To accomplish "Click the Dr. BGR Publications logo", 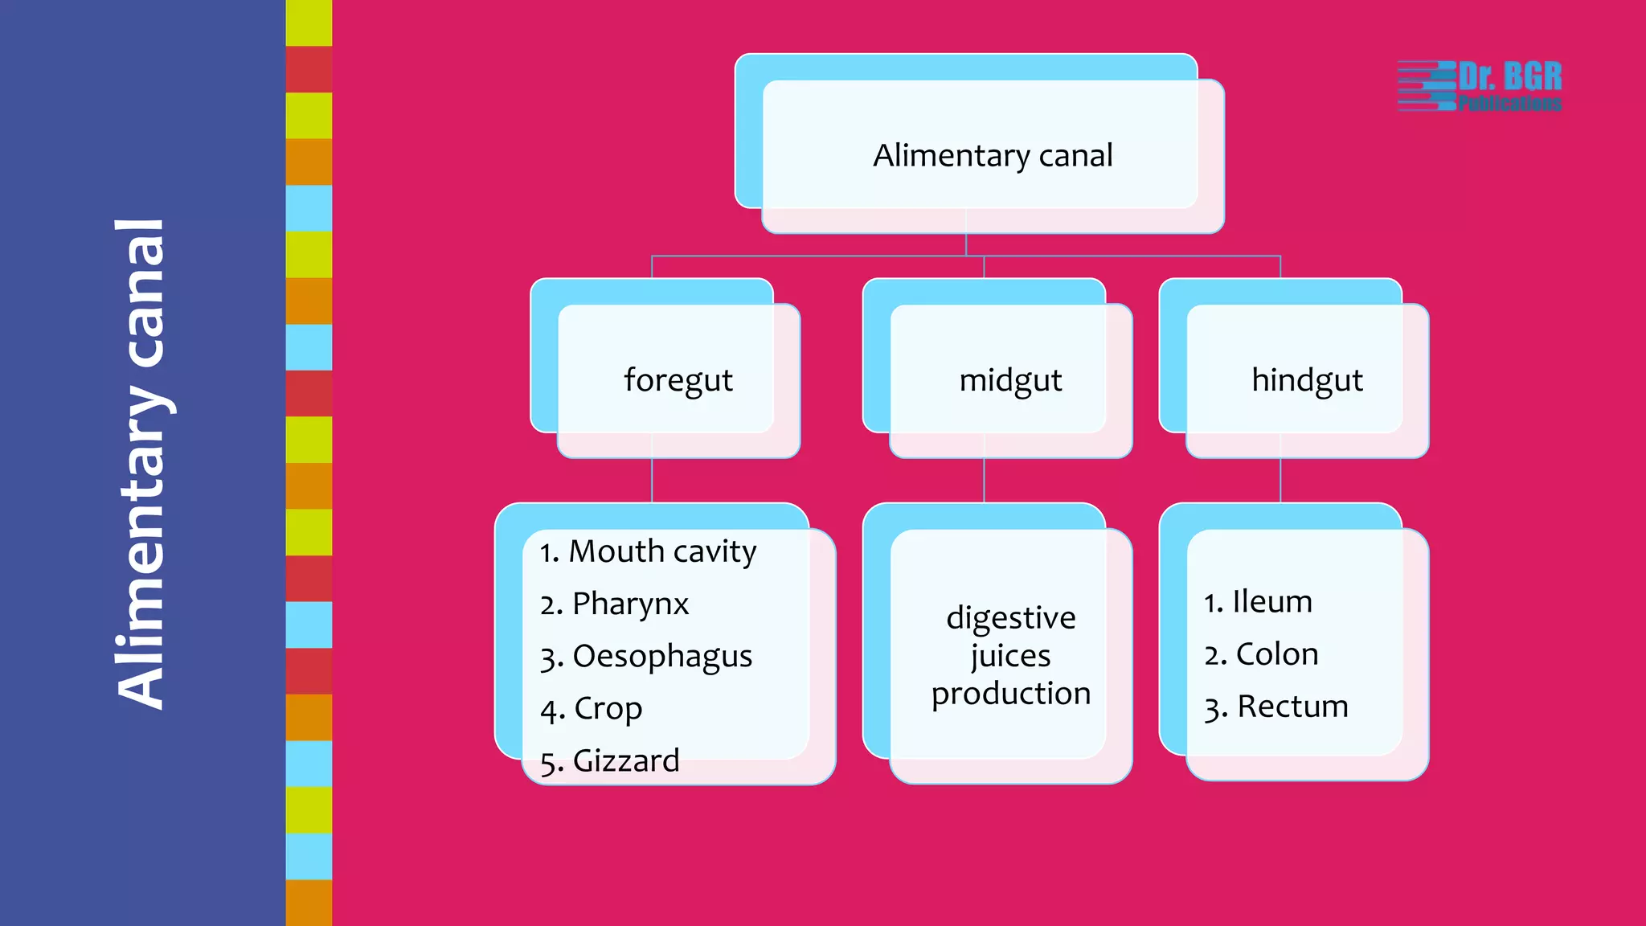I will tap(1480, 86).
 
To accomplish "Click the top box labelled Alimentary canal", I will tap(993, 155).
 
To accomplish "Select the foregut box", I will tap(678, 380).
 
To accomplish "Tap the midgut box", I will tap(1010, 380).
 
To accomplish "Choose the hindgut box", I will tap(1307, 380).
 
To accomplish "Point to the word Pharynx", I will tap(630, 604).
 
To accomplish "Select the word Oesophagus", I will tap(662, 656).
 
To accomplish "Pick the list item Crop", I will tap(607, 708).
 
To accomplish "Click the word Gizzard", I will tap(625, 760).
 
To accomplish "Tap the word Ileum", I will tap(1272, 601).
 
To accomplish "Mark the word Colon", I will tap(1277, 654).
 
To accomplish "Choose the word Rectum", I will tap(1292, 707).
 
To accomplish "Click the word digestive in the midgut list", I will tap(1010, 617).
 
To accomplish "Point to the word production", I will tap(1010, 693).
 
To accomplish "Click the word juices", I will tap(1010, 656).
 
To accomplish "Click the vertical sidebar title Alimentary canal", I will tap(141, 464).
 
